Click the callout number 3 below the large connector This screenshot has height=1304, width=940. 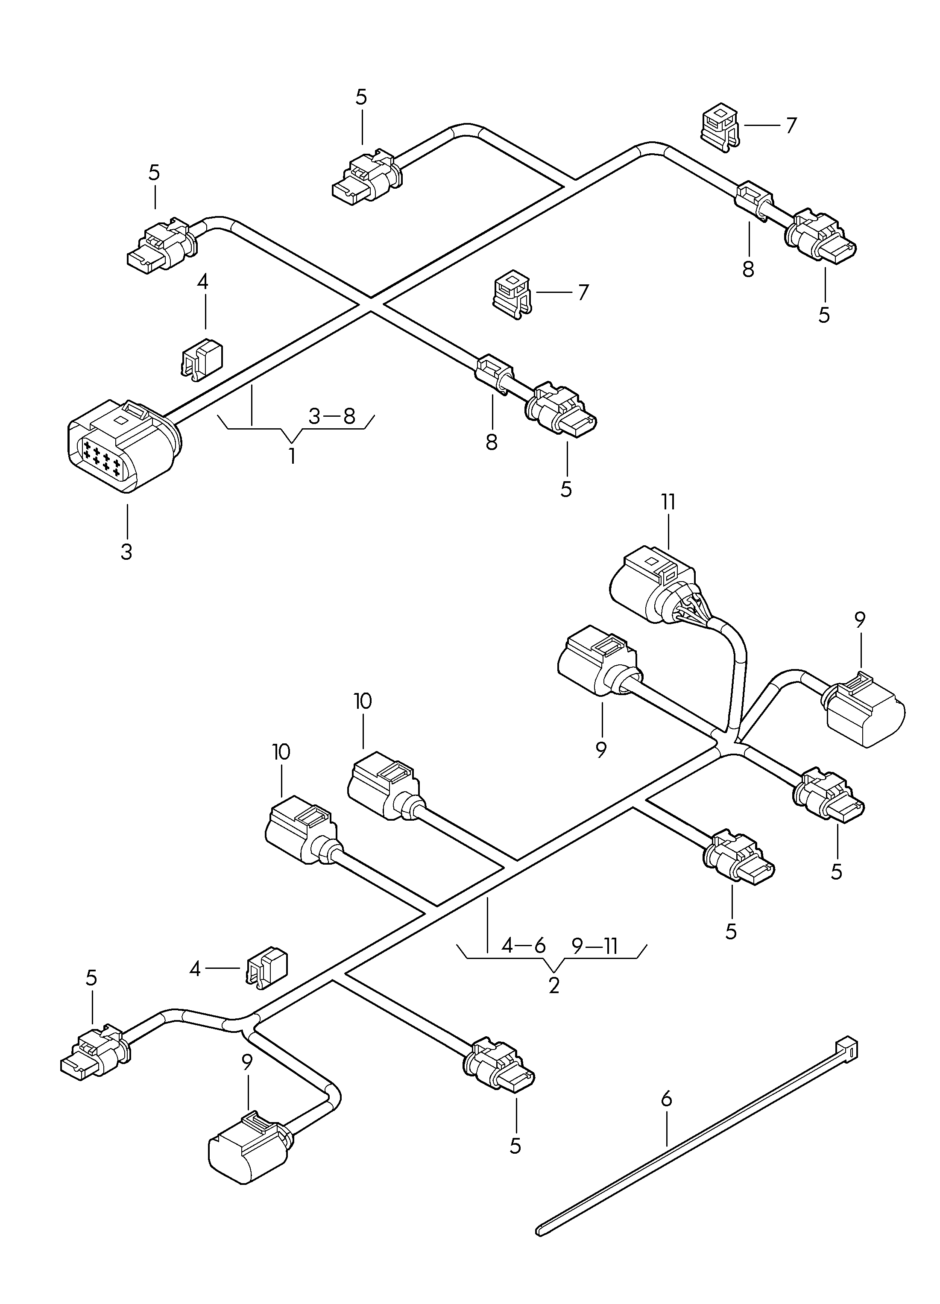pos(126,551)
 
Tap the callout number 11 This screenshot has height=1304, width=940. pos(668,502)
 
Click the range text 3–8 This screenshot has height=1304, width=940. pos(332,416)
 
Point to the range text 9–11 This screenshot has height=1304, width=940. pos(595,946)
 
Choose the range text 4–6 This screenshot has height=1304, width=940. pos(523,946)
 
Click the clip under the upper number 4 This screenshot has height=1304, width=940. pos(203,360)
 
